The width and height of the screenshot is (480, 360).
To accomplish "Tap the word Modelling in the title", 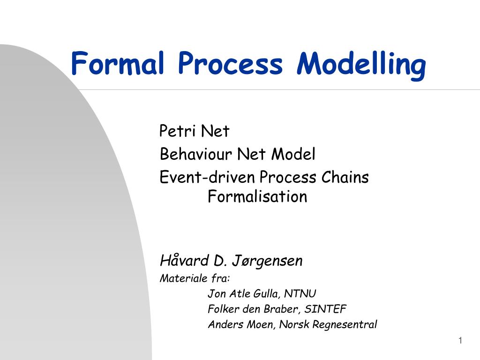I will pos(361,65).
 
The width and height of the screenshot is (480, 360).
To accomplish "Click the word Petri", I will pos(178,131).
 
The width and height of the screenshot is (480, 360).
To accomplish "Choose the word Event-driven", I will pos(208,177).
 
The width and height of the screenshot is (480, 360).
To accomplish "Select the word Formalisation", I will pos(257,196).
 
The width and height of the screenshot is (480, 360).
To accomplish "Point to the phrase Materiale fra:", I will pos(195,278).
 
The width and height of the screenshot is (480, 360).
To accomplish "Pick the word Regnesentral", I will pos(345,325).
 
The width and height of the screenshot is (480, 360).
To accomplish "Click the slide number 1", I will pos(460,341).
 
